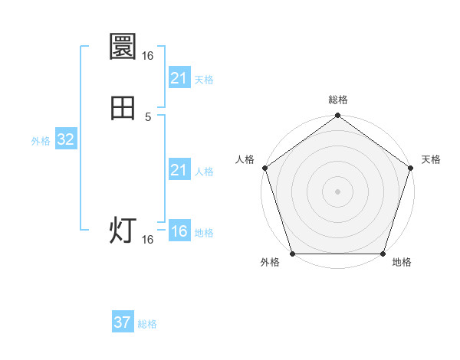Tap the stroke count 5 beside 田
[148, 117]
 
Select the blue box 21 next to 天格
[179, 78]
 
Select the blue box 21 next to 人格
[179, 170]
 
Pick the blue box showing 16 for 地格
[179, 231]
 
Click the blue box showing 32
[65, 139]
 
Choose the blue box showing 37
[123, 322]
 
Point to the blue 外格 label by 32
[41, 141]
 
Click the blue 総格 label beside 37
[147, 324]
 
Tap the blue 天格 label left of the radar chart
[204, 80]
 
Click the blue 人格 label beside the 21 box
[204, 172]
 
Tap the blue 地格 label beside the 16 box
[204, 233]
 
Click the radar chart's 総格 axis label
[338, 100]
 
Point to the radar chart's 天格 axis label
[431, 159]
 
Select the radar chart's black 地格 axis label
[402, 263]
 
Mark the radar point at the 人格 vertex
[264, 167]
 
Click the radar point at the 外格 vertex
[292, 254]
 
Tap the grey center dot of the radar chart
[337, 191]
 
